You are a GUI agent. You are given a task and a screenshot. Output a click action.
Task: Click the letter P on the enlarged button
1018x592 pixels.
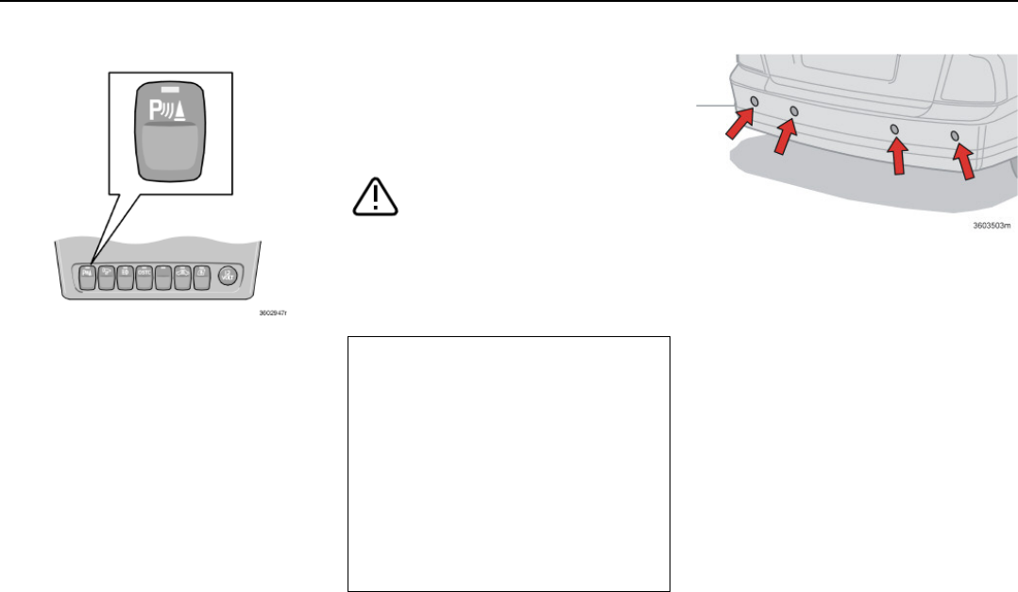(x=155, y=111)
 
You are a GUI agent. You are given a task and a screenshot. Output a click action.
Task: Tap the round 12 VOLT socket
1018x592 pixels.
(x=227, y=276)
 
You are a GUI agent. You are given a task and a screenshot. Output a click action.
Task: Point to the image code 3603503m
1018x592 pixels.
(x=992, y=226)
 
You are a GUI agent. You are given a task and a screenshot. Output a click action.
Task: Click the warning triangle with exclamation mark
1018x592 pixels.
(x=375, y=195)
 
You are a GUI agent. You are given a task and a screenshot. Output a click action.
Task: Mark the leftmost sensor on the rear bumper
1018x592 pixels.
(x=754, y=101)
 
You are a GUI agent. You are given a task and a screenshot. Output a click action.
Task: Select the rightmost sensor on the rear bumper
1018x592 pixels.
(x=955, y=136)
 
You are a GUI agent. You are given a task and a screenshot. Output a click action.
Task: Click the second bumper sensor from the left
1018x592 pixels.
(x=794, y=111)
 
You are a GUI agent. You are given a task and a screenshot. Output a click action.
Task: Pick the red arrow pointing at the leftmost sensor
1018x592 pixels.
(x=738, y=124)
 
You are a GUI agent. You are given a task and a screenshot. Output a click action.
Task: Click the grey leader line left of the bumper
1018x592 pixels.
(x=714, y=104)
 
